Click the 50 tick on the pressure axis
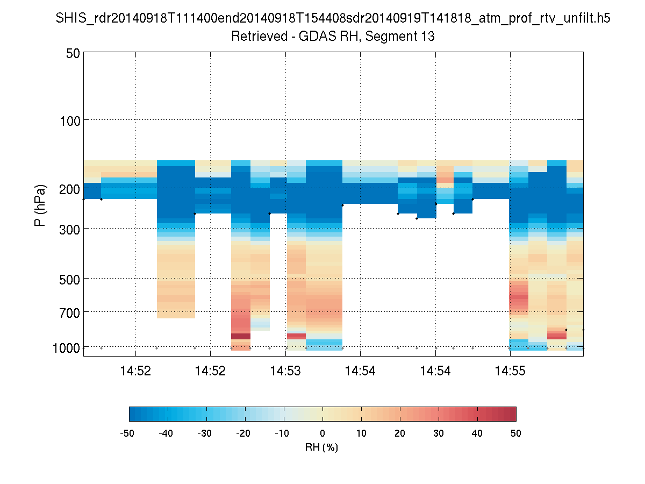[73, 53]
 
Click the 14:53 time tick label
[285, 371]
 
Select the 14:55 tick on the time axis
[510, 371]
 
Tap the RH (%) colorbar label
[322, 447]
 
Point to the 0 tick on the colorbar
[322, 433]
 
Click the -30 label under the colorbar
[205, 433]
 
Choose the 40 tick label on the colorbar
[477, 433]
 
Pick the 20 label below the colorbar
[400, 433]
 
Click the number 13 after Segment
[428, 37]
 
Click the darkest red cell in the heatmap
[241, 336]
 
